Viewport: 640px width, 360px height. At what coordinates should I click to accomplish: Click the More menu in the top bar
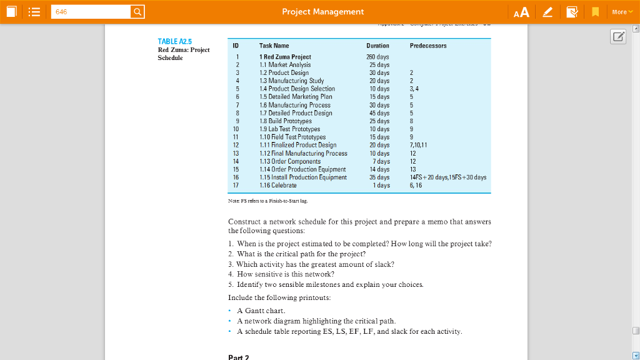(x=621, y=12)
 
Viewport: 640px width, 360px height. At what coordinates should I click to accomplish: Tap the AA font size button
(x=521, y=12)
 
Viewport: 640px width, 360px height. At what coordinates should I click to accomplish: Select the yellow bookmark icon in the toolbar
(x=596, y=12)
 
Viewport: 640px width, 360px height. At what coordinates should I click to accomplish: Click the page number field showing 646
(x=90, y=12)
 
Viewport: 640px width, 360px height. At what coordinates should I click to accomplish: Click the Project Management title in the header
(x=322, y=12)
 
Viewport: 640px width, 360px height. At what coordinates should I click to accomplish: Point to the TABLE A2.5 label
(x=171, y=41)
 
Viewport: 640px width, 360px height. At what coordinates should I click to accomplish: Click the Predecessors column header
(x=428, y=46)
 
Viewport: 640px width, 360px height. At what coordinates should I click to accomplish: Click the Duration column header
(x=377, y=46)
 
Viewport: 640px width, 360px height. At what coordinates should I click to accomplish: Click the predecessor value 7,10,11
(x=419, y=145)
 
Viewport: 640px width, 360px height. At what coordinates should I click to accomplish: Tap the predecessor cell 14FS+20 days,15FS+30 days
(x=447, y=177)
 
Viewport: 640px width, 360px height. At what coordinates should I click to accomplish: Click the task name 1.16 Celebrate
(x=278, y=186)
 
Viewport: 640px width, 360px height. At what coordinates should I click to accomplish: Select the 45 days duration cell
(x=379, y=113)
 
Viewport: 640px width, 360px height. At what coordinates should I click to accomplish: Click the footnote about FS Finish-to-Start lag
(x=267, y=201)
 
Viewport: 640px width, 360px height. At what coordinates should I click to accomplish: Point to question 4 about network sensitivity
(x=281, y=274)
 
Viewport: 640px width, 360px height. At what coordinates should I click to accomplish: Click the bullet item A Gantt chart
(x=261, y=311)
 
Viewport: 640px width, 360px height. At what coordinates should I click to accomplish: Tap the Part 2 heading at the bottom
(x=239, y=357)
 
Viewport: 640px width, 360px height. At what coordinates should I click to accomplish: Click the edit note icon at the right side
(x=618, y=37)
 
